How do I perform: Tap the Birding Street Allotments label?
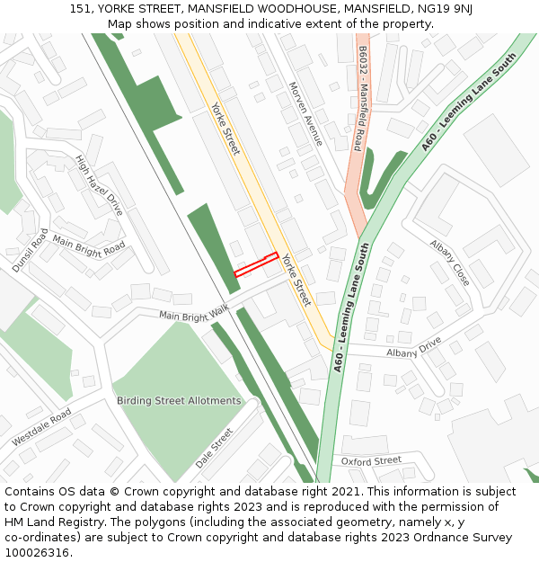179,400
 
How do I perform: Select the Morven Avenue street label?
305,114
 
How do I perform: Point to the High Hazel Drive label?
99,184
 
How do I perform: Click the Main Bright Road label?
89,245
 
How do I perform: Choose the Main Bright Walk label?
194,313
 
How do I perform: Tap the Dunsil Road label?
30,250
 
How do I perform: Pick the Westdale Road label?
41,429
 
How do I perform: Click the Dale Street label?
215,448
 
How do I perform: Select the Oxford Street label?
371,460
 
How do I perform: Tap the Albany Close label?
449,262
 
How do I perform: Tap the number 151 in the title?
80,9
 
